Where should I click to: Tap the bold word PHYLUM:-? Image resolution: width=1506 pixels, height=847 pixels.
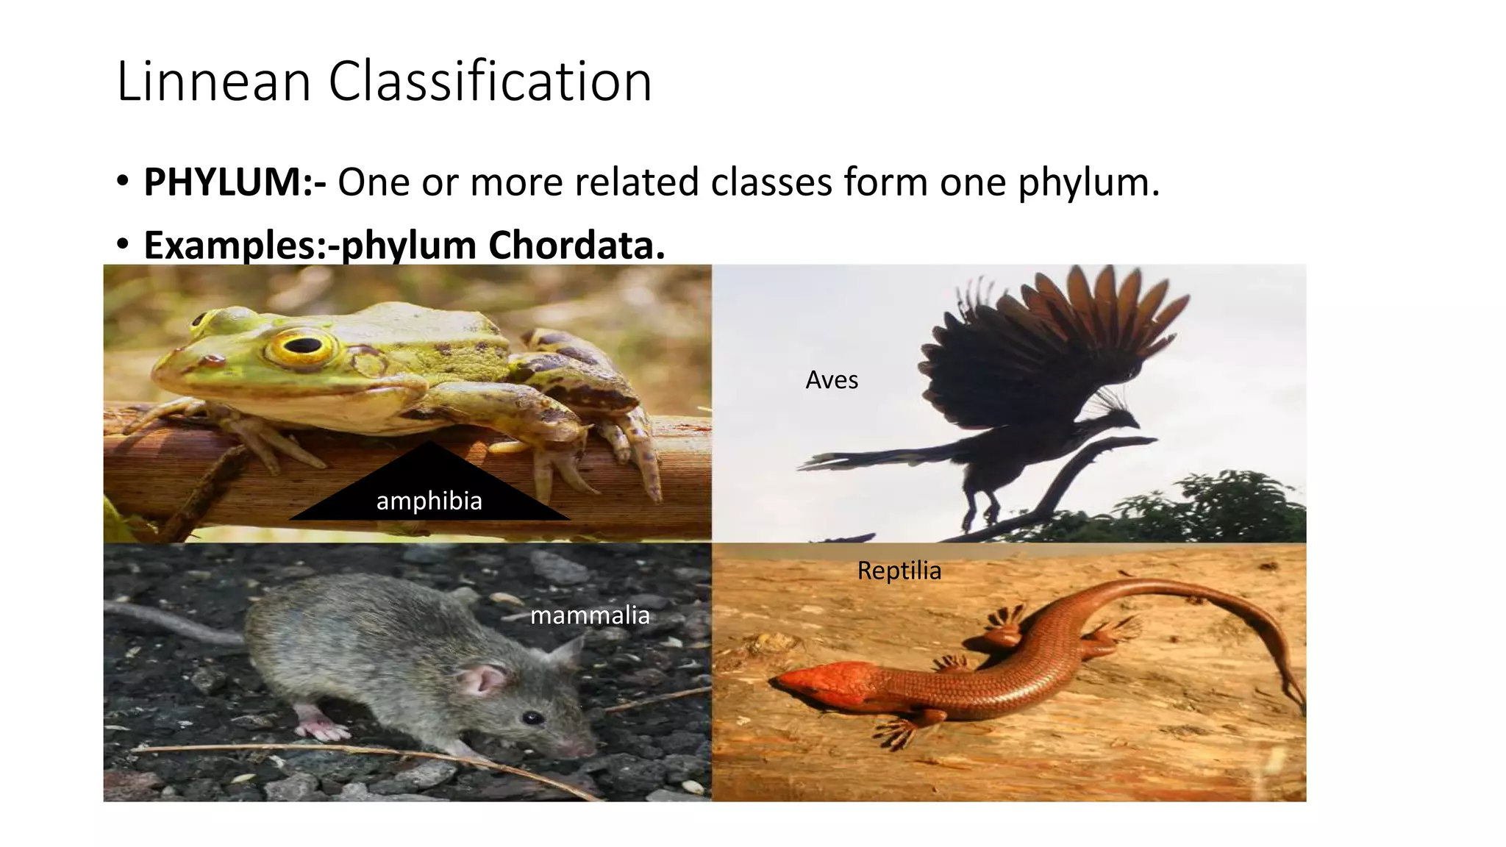(235, 182)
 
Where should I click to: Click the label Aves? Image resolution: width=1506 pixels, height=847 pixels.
(832, 380)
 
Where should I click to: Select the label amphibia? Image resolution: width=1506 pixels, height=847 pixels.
(429, 501)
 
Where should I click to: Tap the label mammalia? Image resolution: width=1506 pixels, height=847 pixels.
(590, 615)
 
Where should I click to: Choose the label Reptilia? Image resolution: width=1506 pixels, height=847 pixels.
(899, 571)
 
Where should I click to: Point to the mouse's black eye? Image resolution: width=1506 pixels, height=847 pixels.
(532, 718)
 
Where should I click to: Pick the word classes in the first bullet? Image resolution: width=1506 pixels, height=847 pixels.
(773, 182)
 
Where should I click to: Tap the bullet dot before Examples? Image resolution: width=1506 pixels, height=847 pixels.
(123, 243)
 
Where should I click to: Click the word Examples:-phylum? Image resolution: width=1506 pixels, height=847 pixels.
(310, 245)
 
